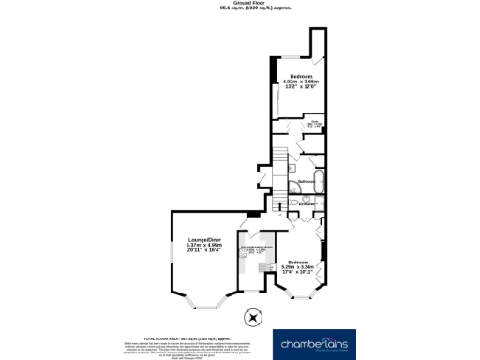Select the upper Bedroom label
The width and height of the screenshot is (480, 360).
(x=301, y=76)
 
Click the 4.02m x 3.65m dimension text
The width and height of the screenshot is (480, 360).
(x=301, y=82)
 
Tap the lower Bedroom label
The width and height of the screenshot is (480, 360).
(x=298, y=262)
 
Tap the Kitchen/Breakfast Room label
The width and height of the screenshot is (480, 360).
(x=256, y=247)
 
